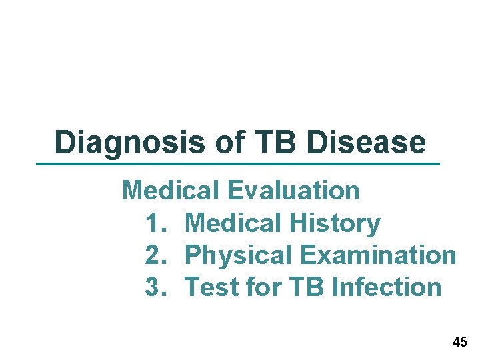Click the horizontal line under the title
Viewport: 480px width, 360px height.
tap(238, 163)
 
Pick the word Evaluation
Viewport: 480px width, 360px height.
tap(293, 191)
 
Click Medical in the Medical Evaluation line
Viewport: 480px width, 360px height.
tap(170, 191)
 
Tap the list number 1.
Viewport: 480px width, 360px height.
tap(154, 223)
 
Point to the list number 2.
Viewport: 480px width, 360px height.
tap(154, 255)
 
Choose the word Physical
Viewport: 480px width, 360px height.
tap(238, 255)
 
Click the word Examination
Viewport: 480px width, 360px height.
tap(378, 255)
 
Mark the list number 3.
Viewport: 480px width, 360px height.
tap(154, 287)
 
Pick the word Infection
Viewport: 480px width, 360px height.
tap(387, 287)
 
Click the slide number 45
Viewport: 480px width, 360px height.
tap(459, 343)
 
